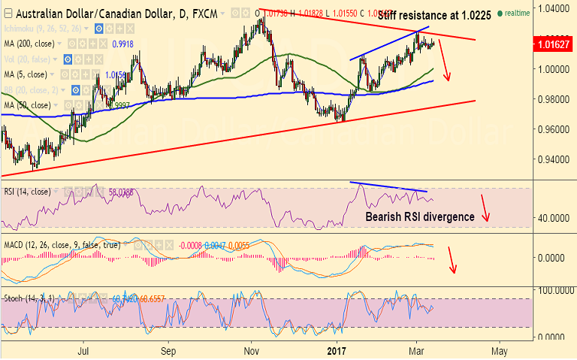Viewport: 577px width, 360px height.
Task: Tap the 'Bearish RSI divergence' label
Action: tap(419, 216)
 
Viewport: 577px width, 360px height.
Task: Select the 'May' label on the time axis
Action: tap(500, 350)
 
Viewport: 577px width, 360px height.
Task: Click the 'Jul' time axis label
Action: tap(83, 350)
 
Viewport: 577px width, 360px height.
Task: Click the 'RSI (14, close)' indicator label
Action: tap(27, 192)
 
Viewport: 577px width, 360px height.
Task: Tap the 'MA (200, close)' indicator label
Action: tap(30, 44)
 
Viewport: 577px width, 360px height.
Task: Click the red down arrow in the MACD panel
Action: tap(452, 259)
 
